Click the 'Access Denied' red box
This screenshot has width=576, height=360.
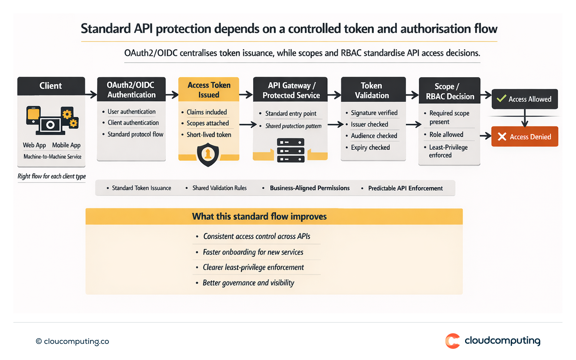point(524,136)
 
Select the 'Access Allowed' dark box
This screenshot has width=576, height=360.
point(524,99)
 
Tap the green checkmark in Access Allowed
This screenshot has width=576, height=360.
point(501,99)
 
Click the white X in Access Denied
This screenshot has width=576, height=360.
point(502,137)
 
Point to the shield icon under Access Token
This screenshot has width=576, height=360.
point(208,155)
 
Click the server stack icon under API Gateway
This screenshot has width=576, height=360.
point(290,151)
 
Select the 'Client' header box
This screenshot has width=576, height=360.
point(51,86)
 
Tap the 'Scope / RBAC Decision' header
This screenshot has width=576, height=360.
point(450,91)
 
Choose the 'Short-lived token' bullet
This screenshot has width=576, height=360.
point(208,135)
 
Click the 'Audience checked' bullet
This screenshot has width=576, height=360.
point(373,136)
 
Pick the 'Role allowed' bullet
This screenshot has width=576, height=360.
point(446,135)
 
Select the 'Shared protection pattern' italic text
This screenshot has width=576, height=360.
point(293,126)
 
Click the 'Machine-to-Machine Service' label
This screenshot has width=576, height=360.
point(52,157)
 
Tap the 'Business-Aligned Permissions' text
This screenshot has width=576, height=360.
point(309,188)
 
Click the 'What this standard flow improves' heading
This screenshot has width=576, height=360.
point(259,217)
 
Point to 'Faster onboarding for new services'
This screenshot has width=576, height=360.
point(253,252)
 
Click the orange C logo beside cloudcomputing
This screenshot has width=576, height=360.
point(452,341)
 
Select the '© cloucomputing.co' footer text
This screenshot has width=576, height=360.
point(73,341)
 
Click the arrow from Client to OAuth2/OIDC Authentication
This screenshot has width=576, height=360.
point(91,95)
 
